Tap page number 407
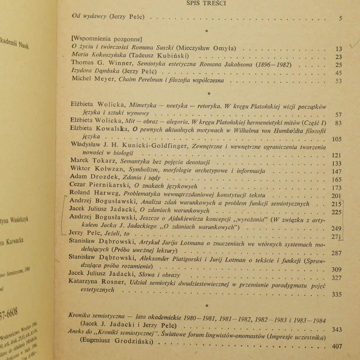click(x=337, y=347)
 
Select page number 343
click(x=337, y=329)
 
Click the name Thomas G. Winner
click(x=93, y=64)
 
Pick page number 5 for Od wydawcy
click(x=341, y=18)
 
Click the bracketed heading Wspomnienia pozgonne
click(x=107, y=39)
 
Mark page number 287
click(x=336, y=253)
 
